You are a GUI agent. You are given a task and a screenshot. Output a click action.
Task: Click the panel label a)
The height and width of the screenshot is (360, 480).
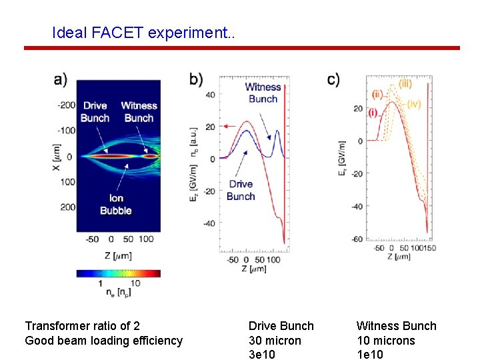click(x=61, y=79)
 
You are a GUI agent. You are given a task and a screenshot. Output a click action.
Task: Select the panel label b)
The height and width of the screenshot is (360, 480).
click(x=197, y=79)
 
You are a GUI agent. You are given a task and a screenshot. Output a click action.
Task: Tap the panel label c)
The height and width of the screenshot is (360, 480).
click(x=333, y=79)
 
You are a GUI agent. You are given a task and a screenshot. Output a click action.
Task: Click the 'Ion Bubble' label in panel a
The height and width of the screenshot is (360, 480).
click(x=115, y=204)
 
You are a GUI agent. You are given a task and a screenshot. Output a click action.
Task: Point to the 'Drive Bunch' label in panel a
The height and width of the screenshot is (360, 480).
click(x=95, y=112)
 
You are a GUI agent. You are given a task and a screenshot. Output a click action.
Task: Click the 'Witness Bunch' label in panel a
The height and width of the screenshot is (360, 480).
click(x=139, y=112)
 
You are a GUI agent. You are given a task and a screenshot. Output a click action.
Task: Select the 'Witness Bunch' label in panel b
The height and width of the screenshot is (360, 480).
click(x=263, y=93)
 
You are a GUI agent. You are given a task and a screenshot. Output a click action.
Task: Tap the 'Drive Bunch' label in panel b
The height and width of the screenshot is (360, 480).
click(x=241, y=190)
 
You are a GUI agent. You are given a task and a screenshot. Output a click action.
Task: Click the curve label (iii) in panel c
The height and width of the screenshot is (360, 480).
click(x=405, y=84)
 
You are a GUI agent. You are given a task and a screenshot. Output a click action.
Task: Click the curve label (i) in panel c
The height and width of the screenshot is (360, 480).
click(x=374, y=113)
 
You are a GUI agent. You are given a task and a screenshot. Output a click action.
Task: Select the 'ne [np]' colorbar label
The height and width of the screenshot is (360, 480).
click(x=117, y=292)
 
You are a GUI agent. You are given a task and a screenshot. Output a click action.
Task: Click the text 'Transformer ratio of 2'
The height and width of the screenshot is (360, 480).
click(x=82, y=326)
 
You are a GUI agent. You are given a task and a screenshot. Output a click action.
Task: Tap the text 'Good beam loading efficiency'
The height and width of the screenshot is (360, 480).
click(x=103, y=341)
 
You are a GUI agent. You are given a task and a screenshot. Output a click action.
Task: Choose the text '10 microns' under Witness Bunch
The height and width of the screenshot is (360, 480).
click(x=385, y=341)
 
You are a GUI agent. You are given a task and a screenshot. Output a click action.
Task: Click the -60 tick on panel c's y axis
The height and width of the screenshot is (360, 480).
click(x=357, y=239)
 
